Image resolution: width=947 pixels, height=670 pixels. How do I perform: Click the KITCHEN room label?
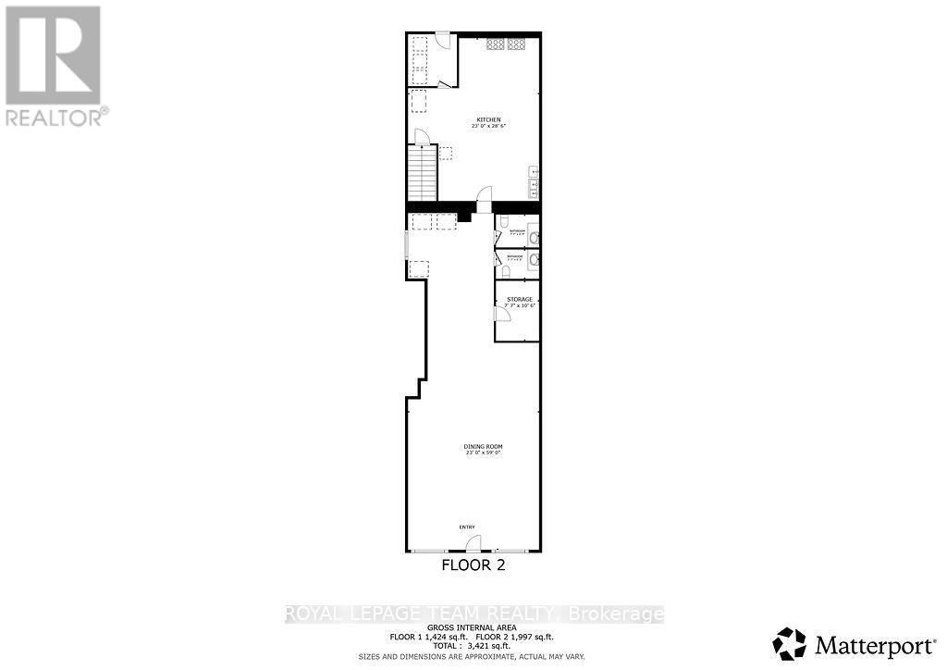(489, 119)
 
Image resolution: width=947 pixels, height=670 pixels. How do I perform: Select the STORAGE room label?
(519, 300)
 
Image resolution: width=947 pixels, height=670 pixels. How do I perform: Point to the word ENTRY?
(467, 527)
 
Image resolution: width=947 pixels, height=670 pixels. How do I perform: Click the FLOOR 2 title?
(473, 565)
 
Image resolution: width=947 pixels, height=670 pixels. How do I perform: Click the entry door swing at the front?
(473, 543)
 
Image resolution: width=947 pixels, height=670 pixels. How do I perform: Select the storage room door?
(502, 314)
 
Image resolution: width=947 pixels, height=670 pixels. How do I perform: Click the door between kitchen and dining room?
(484, 195)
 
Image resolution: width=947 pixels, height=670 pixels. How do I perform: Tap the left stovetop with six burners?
(495, 43)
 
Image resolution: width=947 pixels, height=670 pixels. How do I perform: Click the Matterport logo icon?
(790, 642)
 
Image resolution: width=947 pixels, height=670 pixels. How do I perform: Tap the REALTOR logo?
(53, 65)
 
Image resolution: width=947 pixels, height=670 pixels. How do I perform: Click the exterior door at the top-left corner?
(442, 40)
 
